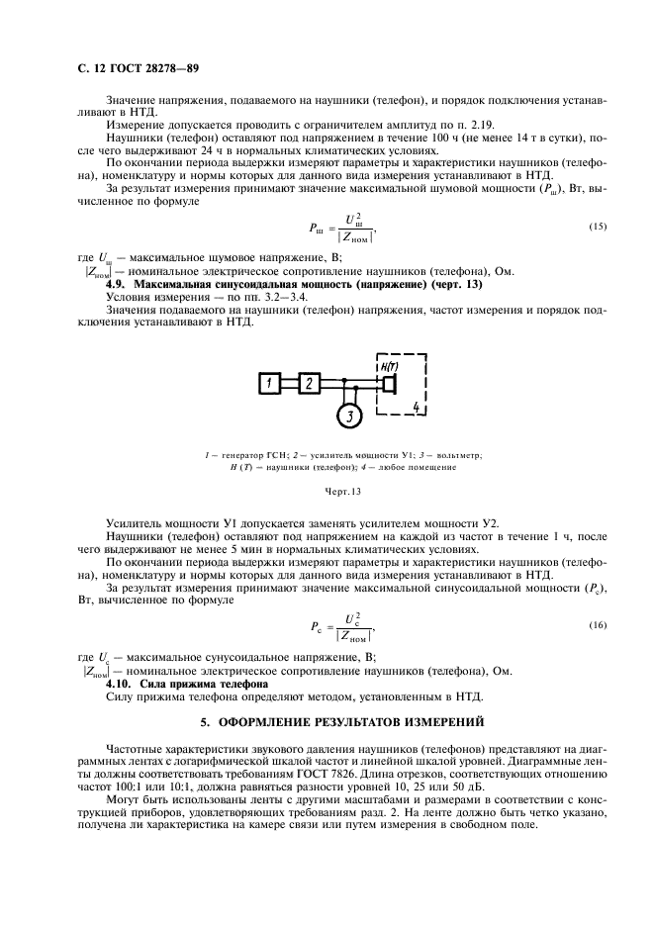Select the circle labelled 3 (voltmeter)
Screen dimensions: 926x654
(348, 416)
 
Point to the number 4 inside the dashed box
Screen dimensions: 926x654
(417, 407)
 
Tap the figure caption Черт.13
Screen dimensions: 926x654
(342, 490)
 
